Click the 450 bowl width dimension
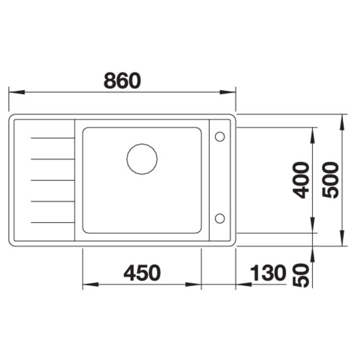[x=142, y=273]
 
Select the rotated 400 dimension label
[x=300, y=180]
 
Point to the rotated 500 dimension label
[x=330, y=180]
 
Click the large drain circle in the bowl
[x=142, y=159]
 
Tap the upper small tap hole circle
[x=219, y=136]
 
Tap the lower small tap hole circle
[x=219, y=218]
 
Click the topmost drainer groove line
[x=52, y=138]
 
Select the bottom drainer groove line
[x=52, y=222]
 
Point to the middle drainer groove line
[x=52, y=180]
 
